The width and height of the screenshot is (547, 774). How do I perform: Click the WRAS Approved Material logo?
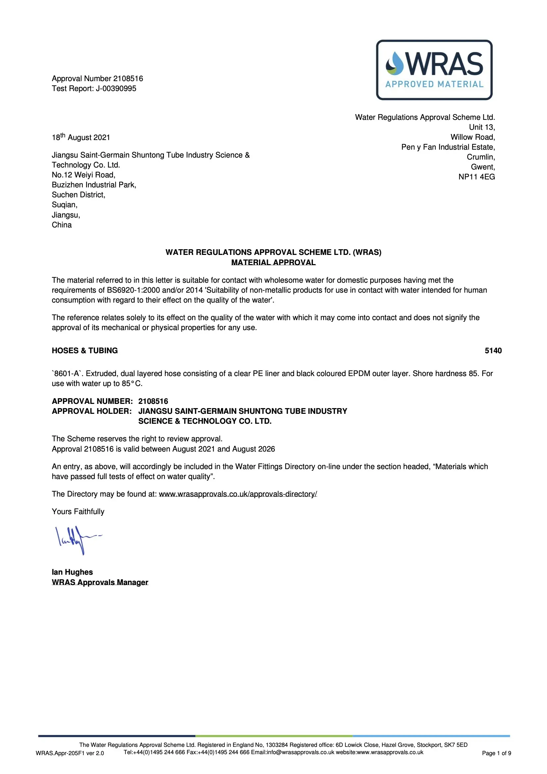[434, 70]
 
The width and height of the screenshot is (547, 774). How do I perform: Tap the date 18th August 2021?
[81, 137]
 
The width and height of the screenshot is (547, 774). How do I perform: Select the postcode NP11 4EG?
[476, 177]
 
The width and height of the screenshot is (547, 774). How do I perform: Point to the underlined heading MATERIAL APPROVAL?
[273, 262]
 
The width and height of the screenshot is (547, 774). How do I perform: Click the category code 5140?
[493, 351]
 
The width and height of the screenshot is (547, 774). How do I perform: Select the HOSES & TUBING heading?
[85, 351]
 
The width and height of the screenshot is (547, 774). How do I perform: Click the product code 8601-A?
[67, 373]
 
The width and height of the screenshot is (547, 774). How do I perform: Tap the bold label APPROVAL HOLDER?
[92, 411]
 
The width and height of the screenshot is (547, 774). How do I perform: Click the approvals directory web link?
[238, 494]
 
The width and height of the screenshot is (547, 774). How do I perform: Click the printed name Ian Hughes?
[72, 572]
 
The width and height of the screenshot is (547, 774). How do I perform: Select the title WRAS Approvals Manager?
[100, 582]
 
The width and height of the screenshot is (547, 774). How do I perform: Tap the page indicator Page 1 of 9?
[496, 753]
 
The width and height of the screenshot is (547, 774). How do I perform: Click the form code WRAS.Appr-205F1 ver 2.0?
[70, 753]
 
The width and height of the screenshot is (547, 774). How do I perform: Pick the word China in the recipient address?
[62, 225]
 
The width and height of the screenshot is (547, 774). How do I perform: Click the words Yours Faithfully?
[78, 512]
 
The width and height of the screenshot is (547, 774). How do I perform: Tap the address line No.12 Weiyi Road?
[83, 175]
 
